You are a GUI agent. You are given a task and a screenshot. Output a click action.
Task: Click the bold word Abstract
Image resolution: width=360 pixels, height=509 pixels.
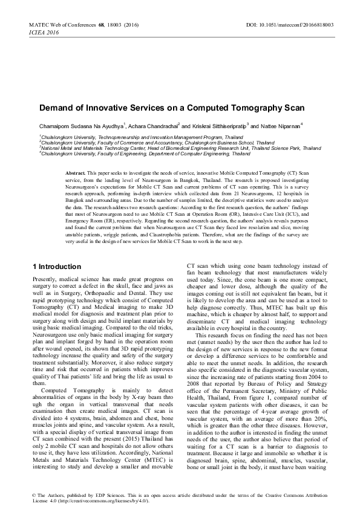[75, 173]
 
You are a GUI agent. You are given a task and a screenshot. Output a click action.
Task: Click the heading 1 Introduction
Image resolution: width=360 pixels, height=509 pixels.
[56, 267]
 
